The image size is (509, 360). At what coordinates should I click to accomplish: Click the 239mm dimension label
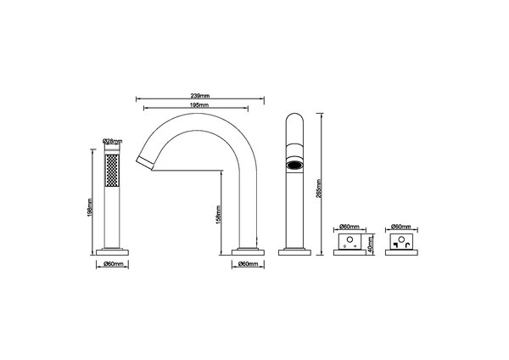(201, 96)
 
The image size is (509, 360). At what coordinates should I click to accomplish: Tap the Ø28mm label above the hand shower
(112, 141)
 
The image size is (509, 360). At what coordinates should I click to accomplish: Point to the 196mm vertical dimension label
(91, 201)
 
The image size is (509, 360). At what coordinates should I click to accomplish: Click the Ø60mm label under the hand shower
(113, 264)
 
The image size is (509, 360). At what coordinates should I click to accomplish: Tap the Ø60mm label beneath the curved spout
(245, 264)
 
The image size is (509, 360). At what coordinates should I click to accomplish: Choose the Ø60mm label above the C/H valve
(350, 228)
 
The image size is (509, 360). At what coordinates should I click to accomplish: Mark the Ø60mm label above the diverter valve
(403, 228)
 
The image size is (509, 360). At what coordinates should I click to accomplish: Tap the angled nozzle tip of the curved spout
(146, 160)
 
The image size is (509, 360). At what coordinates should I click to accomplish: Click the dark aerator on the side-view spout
(294, 166)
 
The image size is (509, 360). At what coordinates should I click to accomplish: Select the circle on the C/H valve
(350, 243)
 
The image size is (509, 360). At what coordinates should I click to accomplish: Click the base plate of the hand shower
(113, 251)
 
